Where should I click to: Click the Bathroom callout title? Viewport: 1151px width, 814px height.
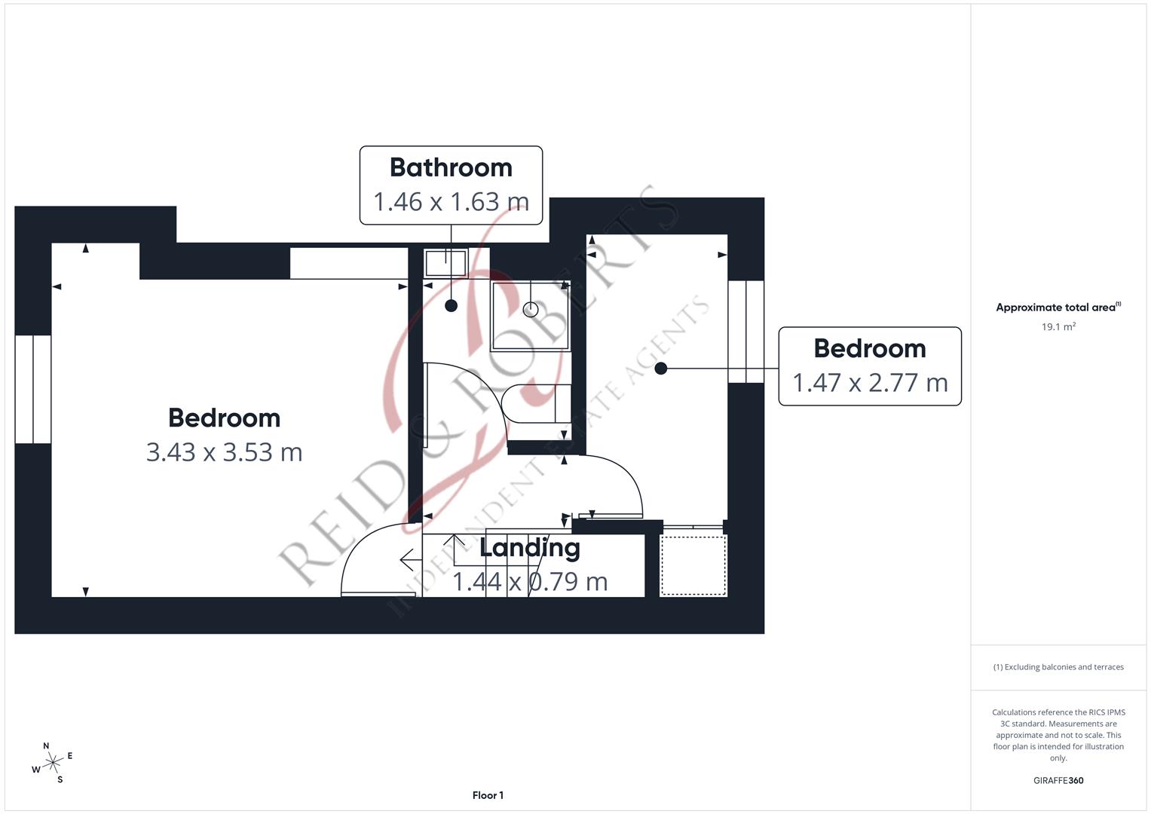[451, 167]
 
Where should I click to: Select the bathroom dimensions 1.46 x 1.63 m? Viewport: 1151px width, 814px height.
[451, 202]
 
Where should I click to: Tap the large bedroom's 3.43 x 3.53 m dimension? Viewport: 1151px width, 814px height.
[224, 452]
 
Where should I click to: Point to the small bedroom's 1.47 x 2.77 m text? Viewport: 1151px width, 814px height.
[870, 383]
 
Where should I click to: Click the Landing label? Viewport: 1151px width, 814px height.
[530, 548]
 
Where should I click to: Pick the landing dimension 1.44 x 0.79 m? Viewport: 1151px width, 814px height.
[530, 582]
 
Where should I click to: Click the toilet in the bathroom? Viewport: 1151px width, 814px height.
[536, 403]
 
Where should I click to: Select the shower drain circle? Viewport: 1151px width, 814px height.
[531, 309]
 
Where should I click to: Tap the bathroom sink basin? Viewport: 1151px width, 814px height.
[445, 263]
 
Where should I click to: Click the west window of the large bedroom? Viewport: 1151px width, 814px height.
[32, 389]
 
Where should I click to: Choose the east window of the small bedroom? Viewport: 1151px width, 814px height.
[745, 332]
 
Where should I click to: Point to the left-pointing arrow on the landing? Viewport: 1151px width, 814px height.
[410, 561]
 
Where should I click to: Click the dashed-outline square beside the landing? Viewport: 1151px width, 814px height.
[693, 565]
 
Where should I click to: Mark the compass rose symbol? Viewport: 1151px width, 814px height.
[53, 764]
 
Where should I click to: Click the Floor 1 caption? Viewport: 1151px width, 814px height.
[488, 795]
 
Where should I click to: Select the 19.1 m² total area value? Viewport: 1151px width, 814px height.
[1058, 327]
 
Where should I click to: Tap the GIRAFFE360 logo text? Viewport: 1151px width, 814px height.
[1058, 781]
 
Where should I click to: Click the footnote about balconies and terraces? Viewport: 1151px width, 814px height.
[1058, 667]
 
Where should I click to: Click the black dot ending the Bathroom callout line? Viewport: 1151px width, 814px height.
[451, 306]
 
